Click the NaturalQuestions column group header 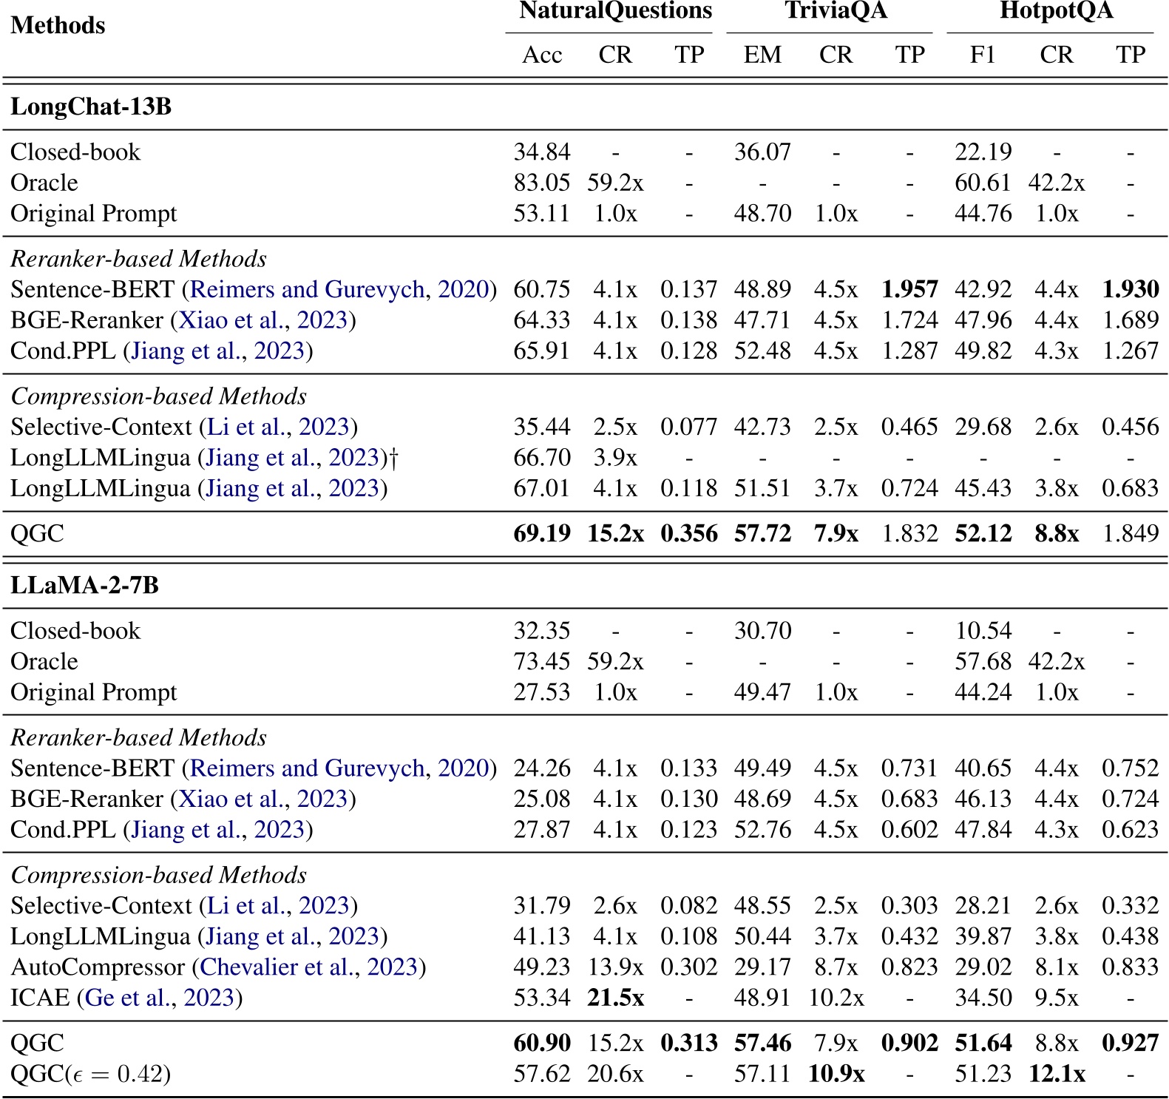[615, 11]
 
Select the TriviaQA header [836, 11]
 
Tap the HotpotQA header [1056, 11]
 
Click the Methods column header [58, 26]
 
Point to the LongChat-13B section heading [91, 107]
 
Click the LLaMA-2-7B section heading [84, 586]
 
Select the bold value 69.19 [542, 534]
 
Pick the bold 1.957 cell [909, 290]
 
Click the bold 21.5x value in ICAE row [615, 998]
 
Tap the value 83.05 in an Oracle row [542, 183]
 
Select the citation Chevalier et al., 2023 [309, 967]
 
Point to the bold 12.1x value [1056, 1074]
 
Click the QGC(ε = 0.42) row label [90, 1074]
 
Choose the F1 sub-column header [983, 55]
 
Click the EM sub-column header [762, 55]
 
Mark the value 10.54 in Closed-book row [983, 632]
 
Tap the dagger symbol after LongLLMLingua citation [393, 459]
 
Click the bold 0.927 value [1130, 1044]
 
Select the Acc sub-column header [542, 55]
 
